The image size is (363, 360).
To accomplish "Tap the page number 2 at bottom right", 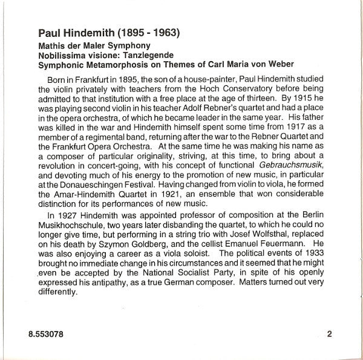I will (329, 333).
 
